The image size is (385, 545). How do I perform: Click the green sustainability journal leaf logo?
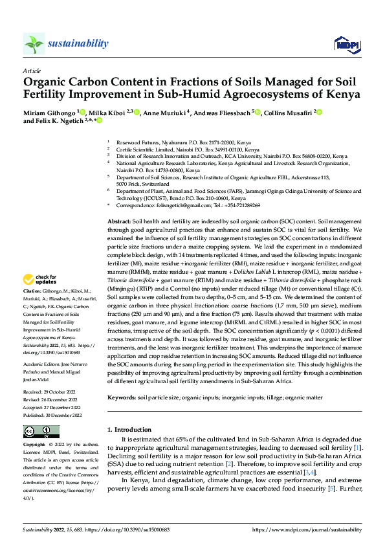pyautogui.click(x=34, y=43)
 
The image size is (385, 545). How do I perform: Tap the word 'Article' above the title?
pyautogui.click(x=31, y=70)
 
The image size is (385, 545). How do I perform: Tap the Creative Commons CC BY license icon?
pyautogui.click(x=41, y=432)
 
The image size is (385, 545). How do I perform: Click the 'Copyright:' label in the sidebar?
pyautogui.click(x=34, y=445)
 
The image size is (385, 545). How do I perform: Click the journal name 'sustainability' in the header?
pyautogui.click(x=78, y=43)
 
